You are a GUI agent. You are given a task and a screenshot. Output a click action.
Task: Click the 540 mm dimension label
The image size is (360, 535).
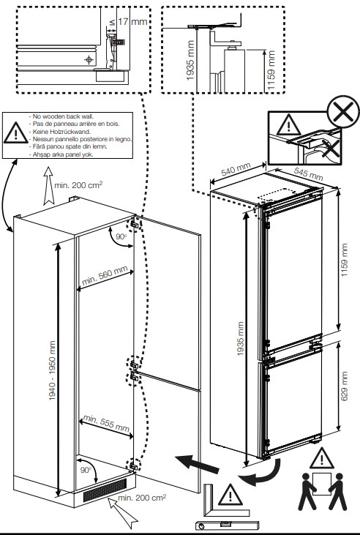(x=236, y=170)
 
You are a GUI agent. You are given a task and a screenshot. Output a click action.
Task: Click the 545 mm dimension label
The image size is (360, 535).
(x=309, y=173)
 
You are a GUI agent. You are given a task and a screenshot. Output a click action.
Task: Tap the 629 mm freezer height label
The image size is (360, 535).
(x=345, y=386)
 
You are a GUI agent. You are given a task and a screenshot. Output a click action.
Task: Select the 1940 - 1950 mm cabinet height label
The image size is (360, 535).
(x=52, y=370)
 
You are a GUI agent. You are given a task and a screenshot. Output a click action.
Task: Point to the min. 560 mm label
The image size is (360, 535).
(x=105, y=276)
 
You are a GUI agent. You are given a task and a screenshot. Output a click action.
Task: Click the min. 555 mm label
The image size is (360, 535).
(x=106, y=423)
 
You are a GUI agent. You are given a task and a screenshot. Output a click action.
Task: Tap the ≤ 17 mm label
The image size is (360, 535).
(x=128, y=22)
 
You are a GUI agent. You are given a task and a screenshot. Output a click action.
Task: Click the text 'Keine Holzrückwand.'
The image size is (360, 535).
(x=61, y=131)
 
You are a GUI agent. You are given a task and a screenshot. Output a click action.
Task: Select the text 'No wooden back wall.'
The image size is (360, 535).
(x=63, y=116)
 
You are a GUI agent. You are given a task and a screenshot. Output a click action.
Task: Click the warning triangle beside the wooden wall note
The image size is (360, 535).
(x=15, y=132)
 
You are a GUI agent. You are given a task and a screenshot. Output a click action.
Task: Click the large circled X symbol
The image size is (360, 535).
(x=343, y=111)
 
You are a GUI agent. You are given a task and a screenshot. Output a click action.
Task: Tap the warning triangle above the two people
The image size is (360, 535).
(x=322, y=458)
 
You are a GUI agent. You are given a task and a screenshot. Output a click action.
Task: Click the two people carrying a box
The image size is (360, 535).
(x=323, y=491)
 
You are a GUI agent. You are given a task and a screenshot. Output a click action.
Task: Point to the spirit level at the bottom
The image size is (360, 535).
(x=227, y=525)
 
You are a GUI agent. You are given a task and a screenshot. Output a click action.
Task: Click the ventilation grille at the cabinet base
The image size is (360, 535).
(x=105, y=490)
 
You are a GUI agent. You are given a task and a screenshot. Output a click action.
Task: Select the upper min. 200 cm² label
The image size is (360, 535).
(x=78, y=185)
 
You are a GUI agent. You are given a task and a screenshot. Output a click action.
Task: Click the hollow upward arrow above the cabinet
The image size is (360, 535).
(x=49, y=186)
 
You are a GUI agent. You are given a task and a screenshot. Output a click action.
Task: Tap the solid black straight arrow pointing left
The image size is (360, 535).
(x=198, y=464)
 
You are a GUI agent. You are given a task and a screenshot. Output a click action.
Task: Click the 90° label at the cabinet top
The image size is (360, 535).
(x=121, y=236)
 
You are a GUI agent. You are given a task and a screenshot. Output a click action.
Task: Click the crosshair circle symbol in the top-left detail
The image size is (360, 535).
(x=89, y=60)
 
